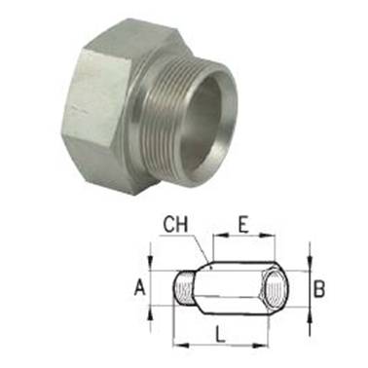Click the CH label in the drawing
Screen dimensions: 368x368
click(x=175, y=225)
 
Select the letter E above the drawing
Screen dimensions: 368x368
click(x=242, y=225)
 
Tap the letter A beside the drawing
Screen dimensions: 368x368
click(x=140, y=288)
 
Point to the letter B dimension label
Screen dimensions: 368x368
click(x=319, y=288)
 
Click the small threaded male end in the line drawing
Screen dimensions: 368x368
click(x=183, y=288)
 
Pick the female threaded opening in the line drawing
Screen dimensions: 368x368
click(x=276, y=288)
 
